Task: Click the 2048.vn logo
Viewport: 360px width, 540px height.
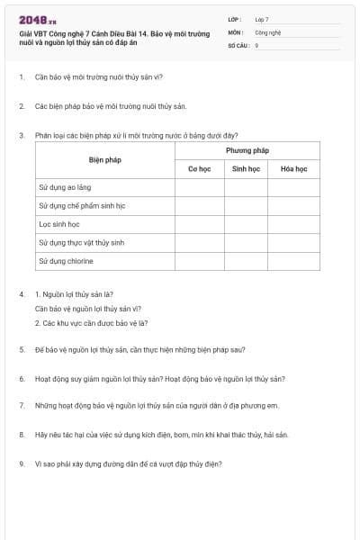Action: tap(37, 20)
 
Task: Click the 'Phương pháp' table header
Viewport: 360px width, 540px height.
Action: tap(247, 150)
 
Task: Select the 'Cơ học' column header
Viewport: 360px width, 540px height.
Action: tap(198, 168)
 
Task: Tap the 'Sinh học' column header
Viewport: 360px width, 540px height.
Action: tap(246, 168)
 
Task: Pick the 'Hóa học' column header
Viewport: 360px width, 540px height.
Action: tap(293, 168)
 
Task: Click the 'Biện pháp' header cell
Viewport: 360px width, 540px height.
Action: tap(104, 159)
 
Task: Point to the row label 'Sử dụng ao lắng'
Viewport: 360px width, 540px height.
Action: tap(66, 187)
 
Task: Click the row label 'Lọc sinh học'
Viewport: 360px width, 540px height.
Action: tap(59, 224)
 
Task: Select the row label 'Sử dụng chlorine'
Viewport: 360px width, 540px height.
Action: tap(66, 261)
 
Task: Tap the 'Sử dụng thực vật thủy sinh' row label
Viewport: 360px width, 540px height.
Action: tap(81, 243)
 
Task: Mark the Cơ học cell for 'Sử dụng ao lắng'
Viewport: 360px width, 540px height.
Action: tap(198, 187)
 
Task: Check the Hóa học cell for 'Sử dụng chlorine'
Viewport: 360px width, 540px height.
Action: tap(293, 261)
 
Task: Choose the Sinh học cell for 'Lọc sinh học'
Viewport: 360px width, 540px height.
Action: tap(246, 224)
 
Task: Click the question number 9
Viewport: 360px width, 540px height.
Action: tap(21, 464)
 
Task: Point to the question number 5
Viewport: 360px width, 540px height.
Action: tap(21, 349)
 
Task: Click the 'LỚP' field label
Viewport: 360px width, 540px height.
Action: tap(235, 19)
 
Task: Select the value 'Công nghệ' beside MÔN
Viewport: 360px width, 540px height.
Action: tap(268, 31)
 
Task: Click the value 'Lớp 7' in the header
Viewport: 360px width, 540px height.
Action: tap(262, 19)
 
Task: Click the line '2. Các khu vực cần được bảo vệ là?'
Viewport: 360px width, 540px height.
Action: tap(92, 322)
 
